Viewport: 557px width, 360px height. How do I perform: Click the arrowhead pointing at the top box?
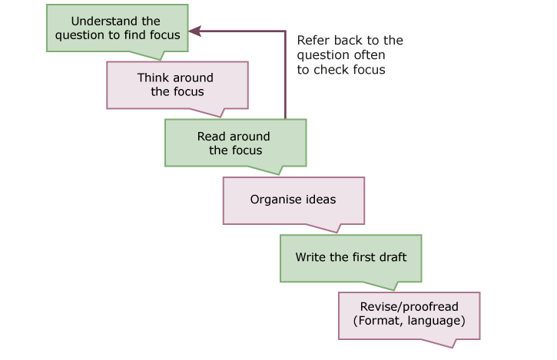pyautogui.click(x=194, y=31)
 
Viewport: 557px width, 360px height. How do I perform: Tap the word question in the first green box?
pyautogui.click(x=81, y=35)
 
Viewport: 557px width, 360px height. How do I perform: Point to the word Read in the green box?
pyautogui.click(x=211, y=137)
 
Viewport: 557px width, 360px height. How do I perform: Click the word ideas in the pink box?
pyautogui.click(x=321, y=200)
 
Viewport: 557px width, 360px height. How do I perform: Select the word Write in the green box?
pyautogui.click(x=311, y=256)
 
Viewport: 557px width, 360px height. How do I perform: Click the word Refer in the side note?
pyautogui.click(x=312, y=41)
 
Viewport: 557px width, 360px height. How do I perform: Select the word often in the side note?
pyautogui.click(x=369, y=55)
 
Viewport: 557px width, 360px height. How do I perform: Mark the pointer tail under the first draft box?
pyautogui.click(x=391, y=284)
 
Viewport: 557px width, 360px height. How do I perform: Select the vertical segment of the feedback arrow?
pyautogui.click(x=286, y=77)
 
